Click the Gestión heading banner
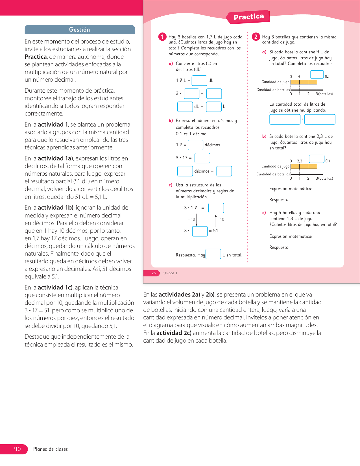(x=80, y=30)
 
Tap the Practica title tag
(x=248, y=17)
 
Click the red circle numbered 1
(x=162, y=37)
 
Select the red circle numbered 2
(x=256, y=37)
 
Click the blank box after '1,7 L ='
(x=199, y=80)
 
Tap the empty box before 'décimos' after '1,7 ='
(x=195, y=145)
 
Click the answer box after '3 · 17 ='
(x=202, y=158)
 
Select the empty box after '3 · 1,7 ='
(x=216, y=208)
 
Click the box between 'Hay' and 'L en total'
(x=213, y=254)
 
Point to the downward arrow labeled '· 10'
(x=197, y=220)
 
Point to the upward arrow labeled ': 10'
(x=216, y=220)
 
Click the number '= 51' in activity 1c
(x=213, y=231)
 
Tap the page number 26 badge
(x=154, y=273)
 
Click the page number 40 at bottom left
(x=17, y=449)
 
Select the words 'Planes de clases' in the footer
(x=51, y=449)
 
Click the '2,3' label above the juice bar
(x=300, y=161)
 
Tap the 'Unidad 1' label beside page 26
(x=170, y=273)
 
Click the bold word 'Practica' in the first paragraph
(x=36, y=57)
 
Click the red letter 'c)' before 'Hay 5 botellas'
(x=264, y=213)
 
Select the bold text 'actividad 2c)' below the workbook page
(x=174, y=333)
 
